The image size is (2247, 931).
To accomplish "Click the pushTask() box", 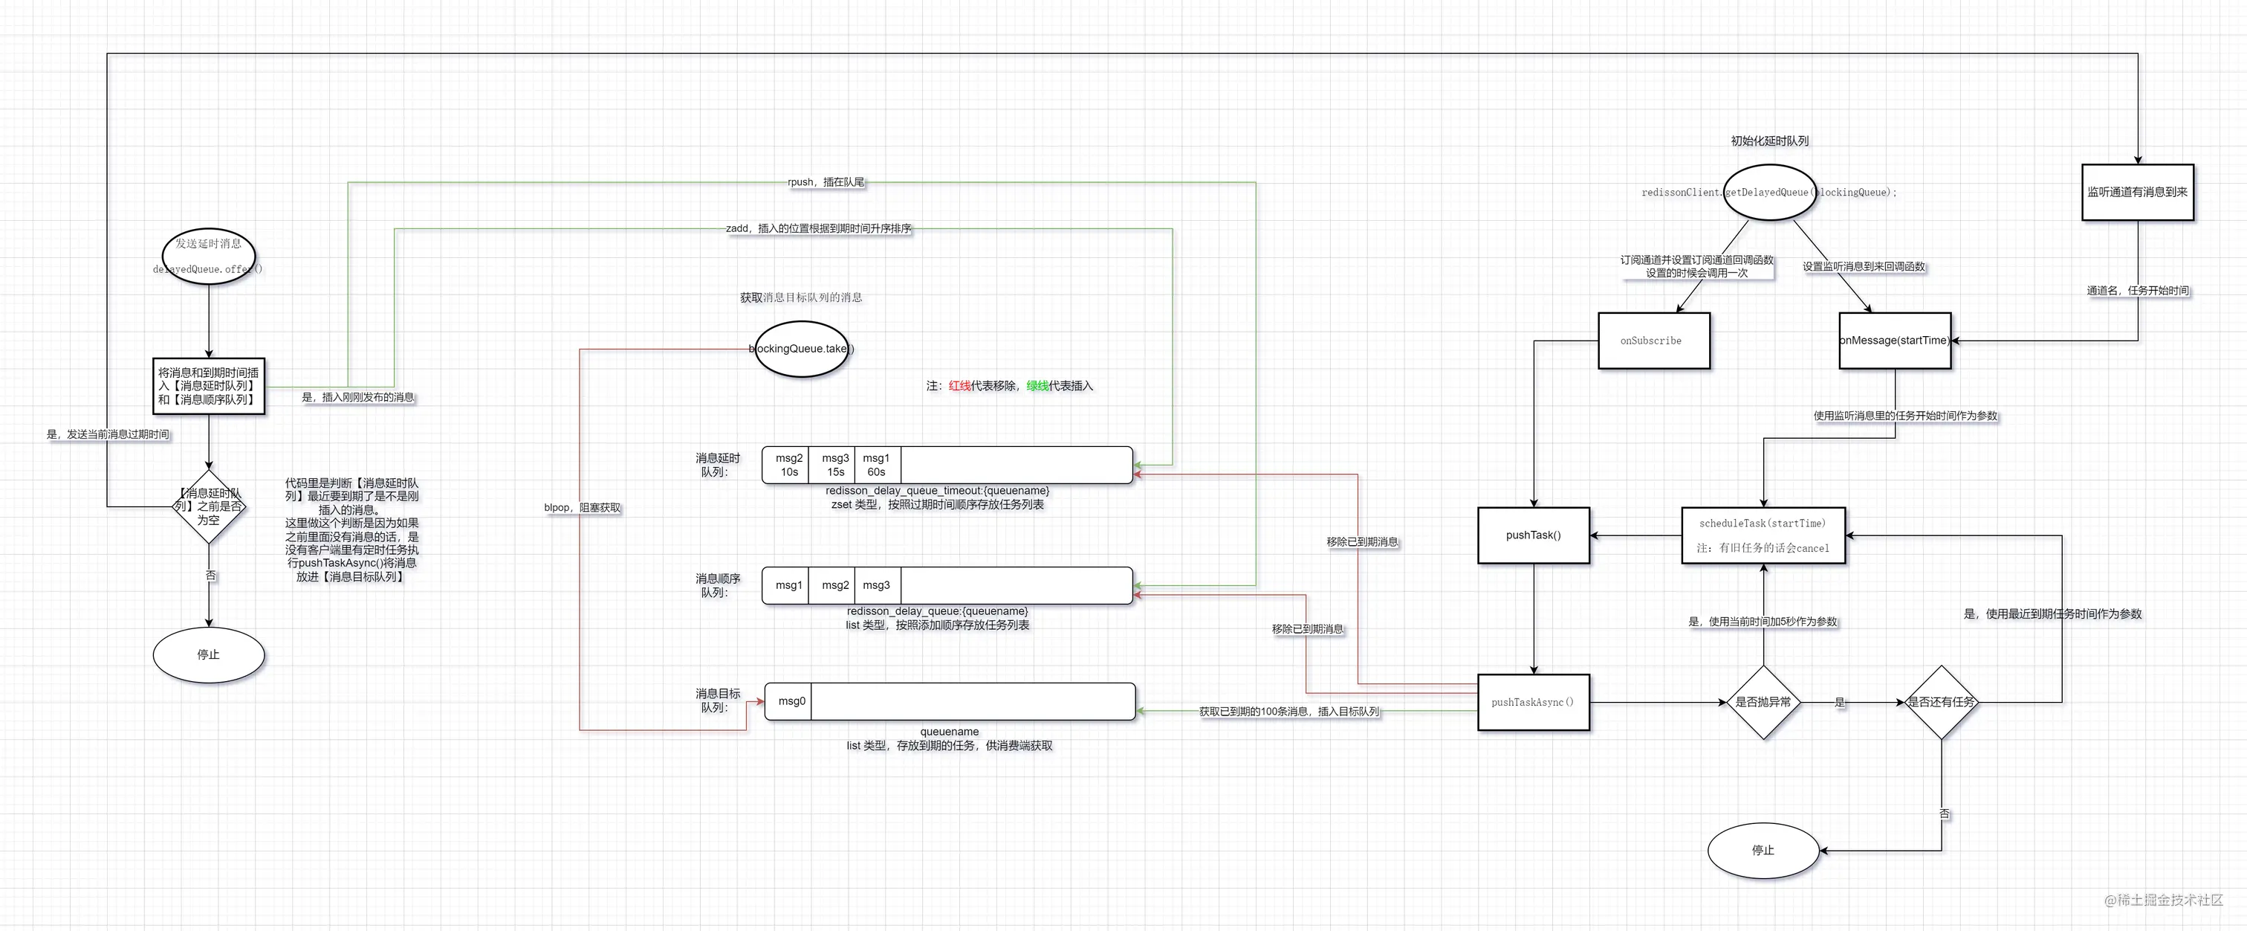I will (1533, 535).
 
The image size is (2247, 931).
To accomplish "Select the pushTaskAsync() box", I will (1533, 703).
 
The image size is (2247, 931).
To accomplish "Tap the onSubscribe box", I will (1653, 341).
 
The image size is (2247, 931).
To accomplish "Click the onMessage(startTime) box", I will (1894, 341).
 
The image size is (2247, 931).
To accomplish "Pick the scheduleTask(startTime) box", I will (1762, 535).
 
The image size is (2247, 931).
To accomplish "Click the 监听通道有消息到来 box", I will (2137, 192).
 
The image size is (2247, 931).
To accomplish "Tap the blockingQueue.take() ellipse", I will (801, 349).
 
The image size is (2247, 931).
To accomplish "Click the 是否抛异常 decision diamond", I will (1763, 703).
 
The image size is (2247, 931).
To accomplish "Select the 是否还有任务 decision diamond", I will (1941, 703).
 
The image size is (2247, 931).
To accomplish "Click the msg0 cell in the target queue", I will (791, 701).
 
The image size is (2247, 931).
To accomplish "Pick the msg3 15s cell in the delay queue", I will (834, 465).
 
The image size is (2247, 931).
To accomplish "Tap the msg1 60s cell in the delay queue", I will (876, 465).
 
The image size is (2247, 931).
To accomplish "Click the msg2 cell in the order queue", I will (834, 585).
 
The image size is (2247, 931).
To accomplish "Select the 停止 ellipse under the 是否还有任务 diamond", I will (1763, 850).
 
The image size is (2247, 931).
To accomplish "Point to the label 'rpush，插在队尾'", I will (826, 182).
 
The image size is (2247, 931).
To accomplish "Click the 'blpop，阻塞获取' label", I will (582, 508).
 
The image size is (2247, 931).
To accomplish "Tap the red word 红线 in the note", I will (959, 386).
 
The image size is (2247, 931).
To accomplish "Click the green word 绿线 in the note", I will (1037, 386).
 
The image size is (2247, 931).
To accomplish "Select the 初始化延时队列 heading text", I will (1769, 141).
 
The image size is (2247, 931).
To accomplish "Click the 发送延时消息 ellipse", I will (209, 255).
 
